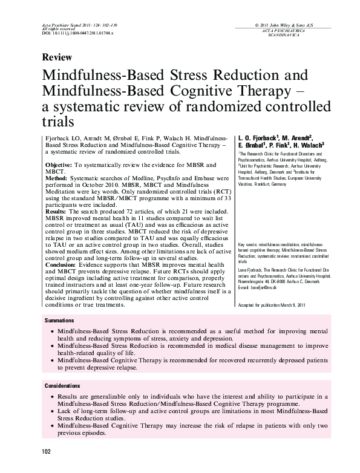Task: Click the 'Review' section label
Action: pyautogui.click(x=57, y=57)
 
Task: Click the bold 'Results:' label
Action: pyautogui.click(x=57, y=214)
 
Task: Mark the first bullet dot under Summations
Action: pyautogui.click(x=53, y=332)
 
